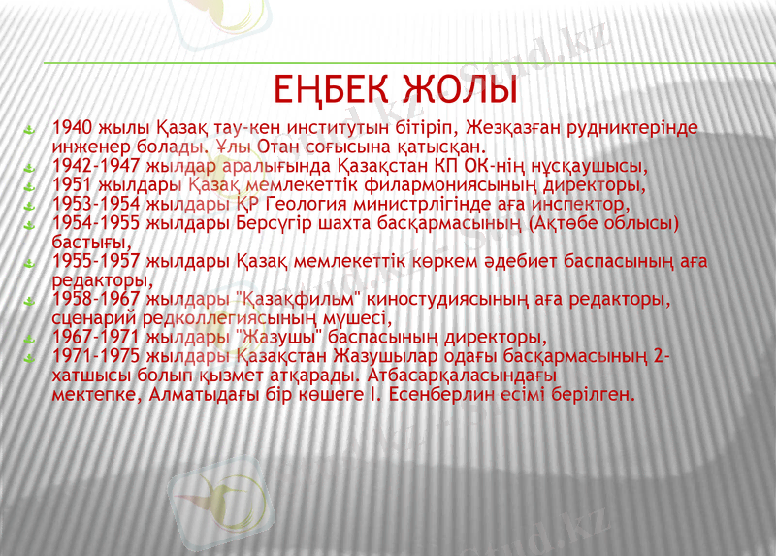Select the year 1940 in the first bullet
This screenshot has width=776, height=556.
[72, 128]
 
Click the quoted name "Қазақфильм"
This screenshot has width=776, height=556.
[295, 299]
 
